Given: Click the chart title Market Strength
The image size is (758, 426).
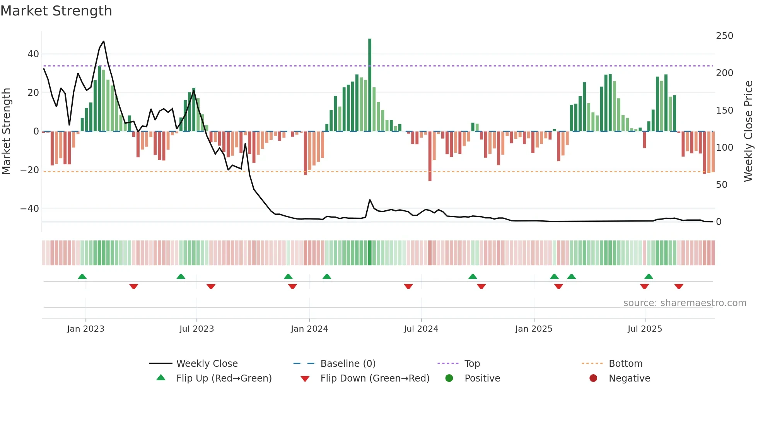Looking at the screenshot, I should coord(56,11).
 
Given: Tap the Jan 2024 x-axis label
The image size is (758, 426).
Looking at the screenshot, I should coord(309,329).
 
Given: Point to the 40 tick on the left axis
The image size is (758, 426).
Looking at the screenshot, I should coord(33,54).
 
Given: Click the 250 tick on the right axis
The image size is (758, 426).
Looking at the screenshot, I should coord(724,36).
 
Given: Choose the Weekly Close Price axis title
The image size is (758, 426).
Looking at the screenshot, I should coord(748,131).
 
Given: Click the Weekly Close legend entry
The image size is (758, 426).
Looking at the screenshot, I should coord(207,364).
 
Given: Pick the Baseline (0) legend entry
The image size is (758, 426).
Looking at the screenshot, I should coord(348,364).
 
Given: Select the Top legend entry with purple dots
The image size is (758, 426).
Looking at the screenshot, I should coord(472,364).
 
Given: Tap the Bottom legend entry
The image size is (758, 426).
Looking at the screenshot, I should coord(625,364).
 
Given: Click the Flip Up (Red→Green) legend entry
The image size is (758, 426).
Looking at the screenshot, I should coord(224,378).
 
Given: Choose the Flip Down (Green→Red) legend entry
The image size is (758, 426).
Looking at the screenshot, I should coord(374,378).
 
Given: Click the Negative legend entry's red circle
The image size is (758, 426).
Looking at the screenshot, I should coord(593,378).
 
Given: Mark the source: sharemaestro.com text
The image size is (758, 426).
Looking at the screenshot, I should coord(685,303).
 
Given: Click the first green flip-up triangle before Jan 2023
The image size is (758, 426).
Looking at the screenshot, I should coord(82,276).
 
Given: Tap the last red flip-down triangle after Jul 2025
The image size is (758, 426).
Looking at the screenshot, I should coord(679,286).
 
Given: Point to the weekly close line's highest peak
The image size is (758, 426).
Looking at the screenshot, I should coord(103,41).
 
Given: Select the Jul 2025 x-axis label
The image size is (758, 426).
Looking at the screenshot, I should coord(645,329).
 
